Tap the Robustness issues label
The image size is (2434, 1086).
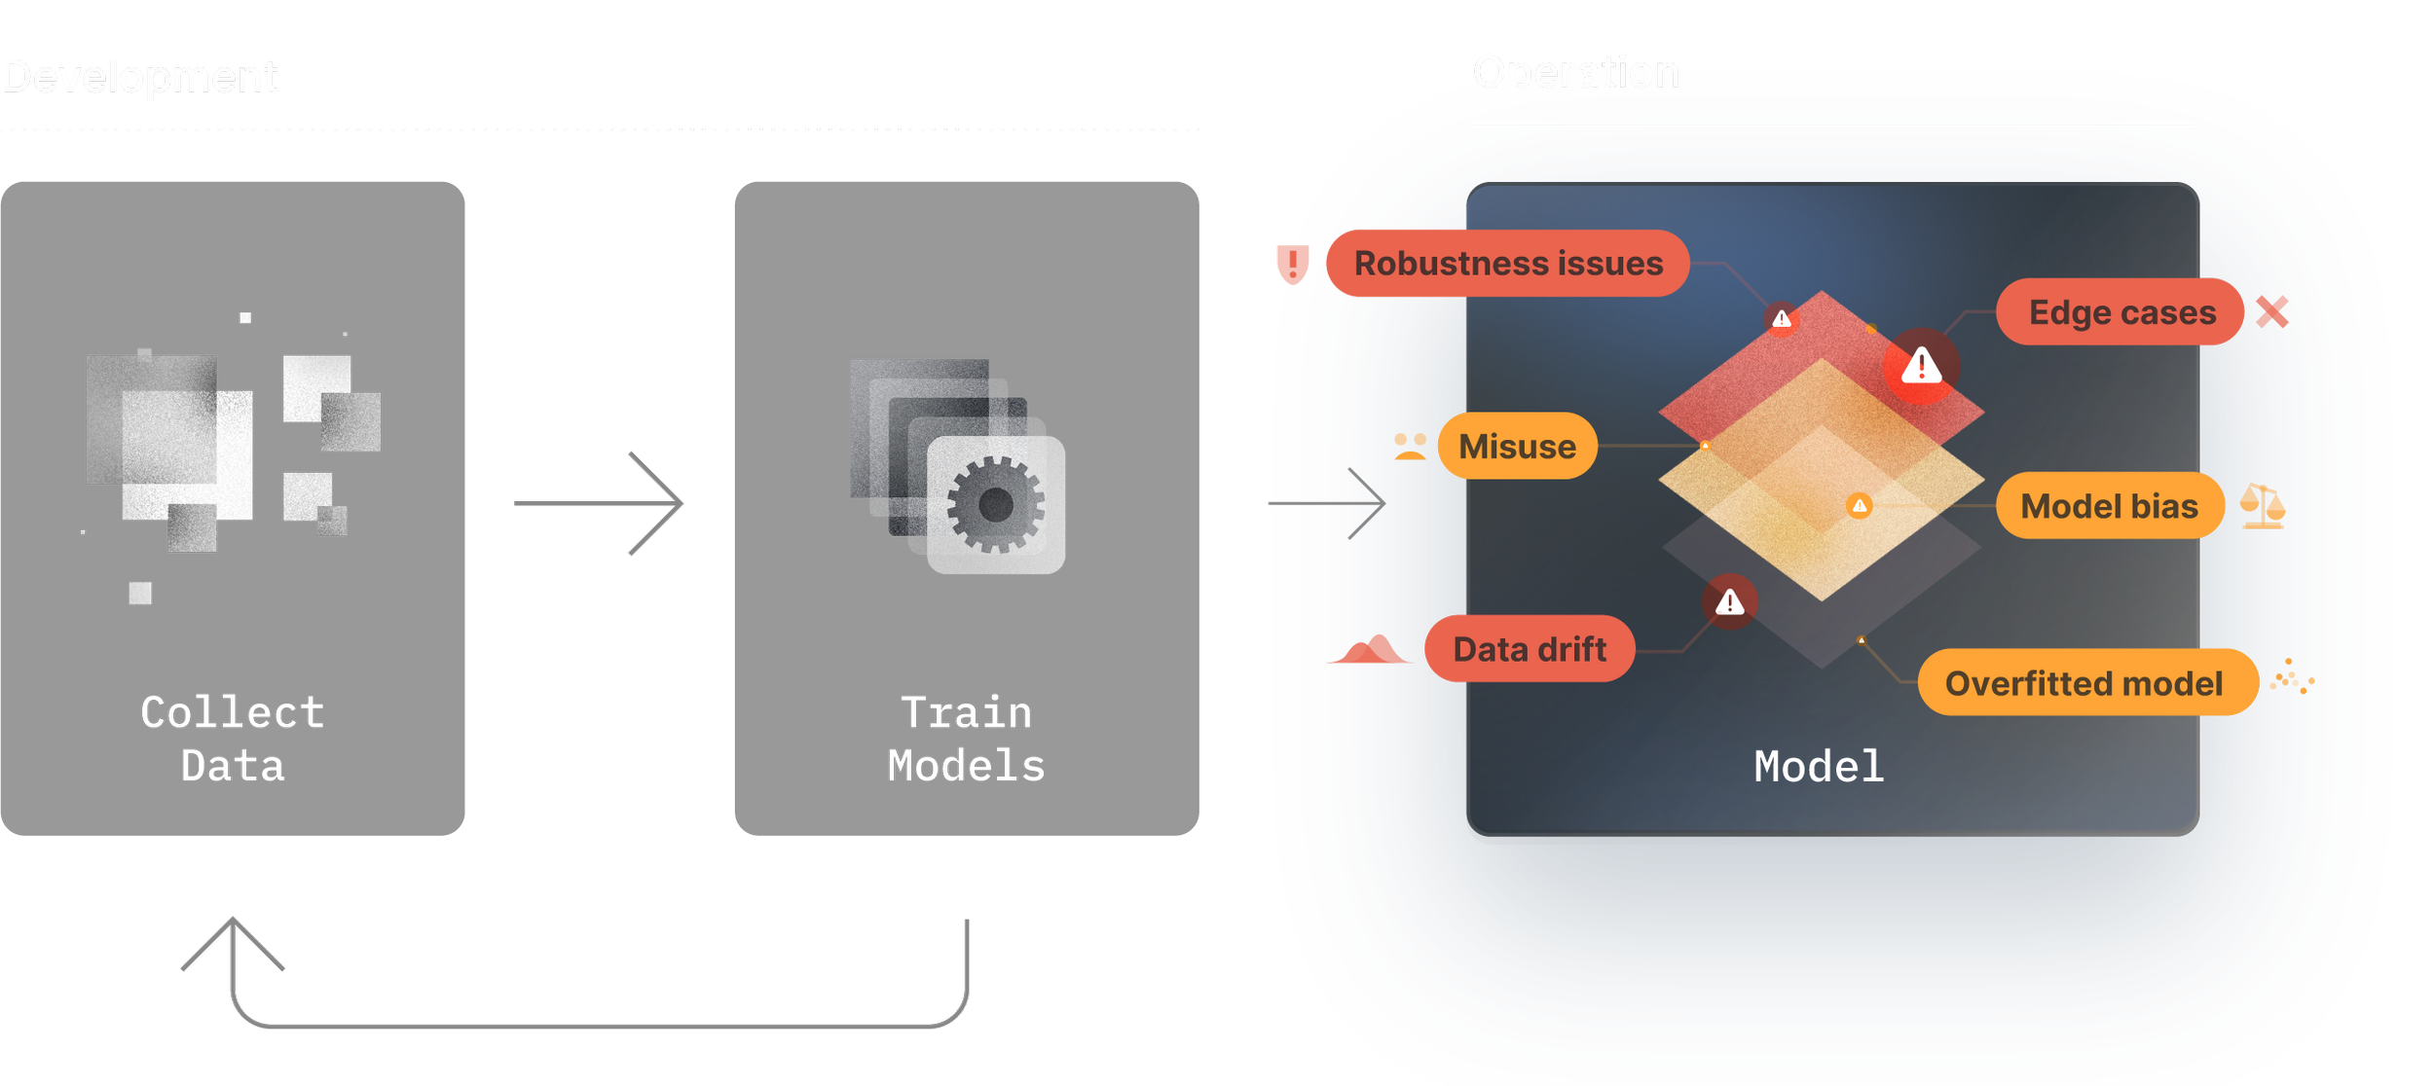[x=1508, y=263]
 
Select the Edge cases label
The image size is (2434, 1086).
[x=2121, y=312]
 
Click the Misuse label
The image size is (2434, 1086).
[x=1517, y=446]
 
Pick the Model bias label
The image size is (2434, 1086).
[x=2109, y=506]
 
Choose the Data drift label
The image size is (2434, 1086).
[x=1529, y=649]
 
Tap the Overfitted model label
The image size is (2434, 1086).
[x=2084, y=683]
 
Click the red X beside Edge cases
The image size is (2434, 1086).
[x=2271, y=312]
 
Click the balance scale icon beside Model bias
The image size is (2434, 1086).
[x=2262, y=506]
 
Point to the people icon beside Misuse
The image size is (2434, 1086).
[x=1410, y=446]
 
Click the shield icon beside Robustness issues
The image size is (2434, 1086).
[x=1293, y=263]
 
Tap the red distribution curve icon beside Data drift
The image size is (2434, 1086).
[x=1369, y=650]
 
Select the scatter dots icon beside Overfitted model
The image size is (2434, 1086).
[x=2292, y=677]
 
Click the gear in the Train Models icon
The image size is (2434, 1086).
[x=995, y=504]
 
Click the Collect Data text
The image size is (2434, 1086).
[x=232, y=739]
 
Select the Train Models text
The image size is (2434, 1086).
[x=966, y=739]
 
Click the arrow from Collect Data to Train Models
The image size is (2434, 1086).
[x=599, y=503]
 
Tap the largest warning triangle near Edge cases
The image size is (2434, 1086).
[x=1921, y=367]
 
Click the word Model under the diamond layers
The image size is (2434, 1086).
[x=1819, y=767]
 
